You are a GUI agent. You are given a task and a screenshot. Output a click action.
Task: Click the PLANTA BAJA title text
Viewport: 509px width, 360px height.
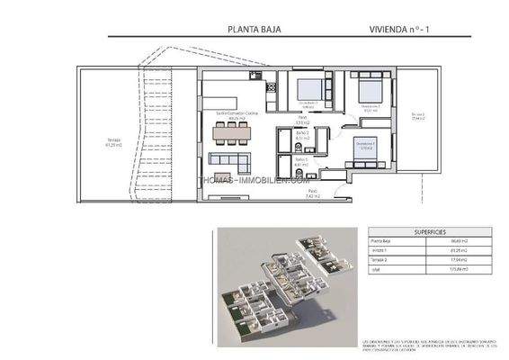[x=255, y=28]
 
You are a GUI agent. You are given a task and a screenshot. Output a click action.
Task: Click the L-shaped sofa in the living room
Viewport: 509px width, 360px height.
[x=233, y=162]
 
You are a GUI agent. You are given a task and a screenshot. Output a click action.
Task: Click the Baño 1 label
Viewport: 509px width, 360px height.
[x=301, y=162]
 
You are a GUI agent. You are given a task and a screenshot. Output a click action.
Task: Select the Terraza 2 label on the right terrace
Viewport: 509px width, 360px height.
[x=417, y=116]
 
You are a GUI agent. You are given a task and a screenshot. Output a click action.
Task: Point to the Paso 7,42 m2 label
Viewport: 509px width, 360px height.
[x=313, y=193]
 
